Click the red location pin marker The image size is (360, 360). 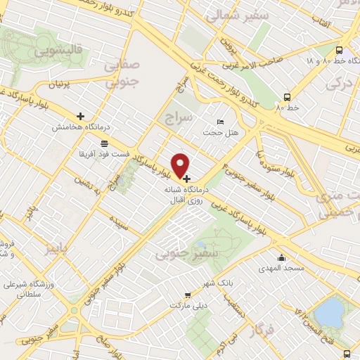pos(181,165)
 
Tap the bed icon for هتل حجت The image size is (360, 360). pos(220,122)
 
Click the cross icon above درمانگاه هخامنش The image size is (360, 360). pos(80,116)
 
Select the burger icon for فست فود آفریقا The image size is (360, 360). pos(104,143)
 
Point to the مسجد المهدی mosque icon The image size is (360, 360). pos(282,258)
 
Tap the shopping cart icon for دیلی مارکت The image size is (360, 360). pos(187,295)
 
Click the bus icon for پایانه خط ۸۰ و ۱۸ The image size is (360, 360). pos(339,51)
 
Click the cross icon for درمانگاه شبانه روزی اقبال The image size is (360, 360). pos(186,179)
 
